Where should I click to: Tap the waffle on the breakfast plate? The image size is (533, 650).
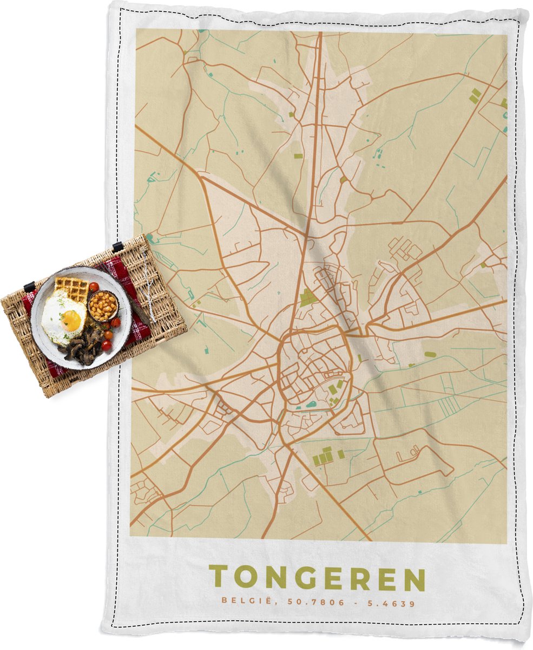pos(71,288)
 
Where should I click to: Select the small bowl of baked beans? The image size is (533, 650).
pos(102,306)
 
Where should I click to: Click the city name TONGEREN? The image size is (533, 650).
pos(317,578)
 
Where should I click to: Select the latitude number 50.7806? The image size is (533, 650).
pos(299,602)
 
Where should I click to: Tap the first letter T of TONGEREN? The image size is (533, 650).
pos(218,578)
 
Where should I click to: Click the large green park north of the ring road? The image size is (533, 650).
pos(308,297)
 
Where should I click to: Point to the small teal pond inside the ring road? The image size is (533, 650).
pos(311,404)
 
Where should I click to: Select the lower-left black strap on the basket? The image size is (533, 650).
pos(28,286)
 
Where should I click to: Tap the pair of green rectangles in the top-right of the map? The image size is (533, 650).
pos(475,96)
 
